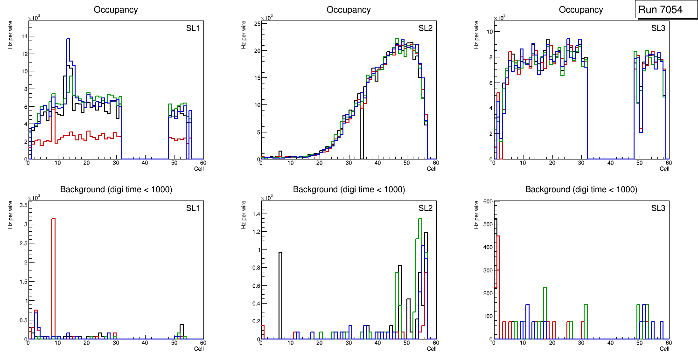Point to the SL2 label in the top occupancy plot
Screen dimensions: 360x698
pyautogui.click(x=425, y=28)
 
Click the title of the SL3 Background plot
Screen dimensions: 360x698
pyautogui.click(x=581, y=189)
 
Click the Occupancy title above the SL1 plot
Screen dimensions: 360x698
pyautogui.click(x=116, y=9)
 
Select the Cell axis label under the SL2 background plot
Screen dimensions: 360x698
pyautogui.click(x=432, y=348)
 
